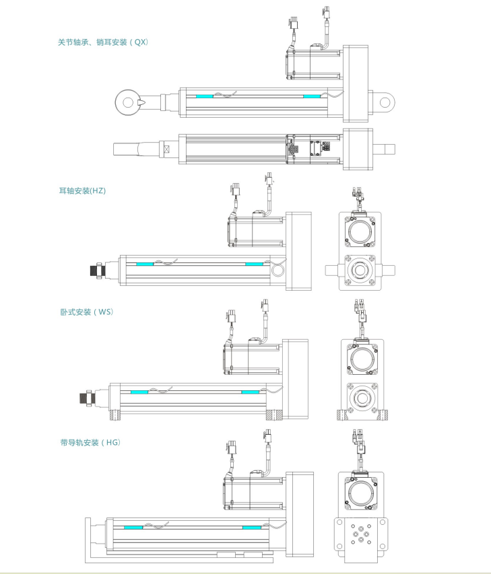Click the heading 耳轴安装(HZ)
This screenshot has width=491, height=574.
click(82, 191)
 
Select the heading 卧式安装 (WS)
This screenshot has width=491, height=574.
click(87, 312)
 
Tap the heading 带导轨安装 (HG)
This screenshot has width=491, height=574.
click(90, 443)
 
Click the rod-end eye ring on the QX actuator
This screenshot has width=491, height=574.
click(125, 102)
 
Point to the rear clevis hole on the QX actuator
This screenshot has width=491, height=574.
click(385, 102)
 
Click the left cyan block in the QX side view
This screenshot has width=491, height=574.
click(204, 97)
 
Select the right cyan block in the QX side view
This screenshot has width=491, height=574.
click(312, 97)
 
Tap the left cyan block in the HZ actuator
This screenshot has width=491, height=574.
click(145, 264)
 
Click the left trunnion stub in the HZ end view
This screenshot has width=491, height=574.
click(332, 270)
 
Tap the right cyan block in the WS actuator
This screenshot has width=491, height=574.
click(250, 392)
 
